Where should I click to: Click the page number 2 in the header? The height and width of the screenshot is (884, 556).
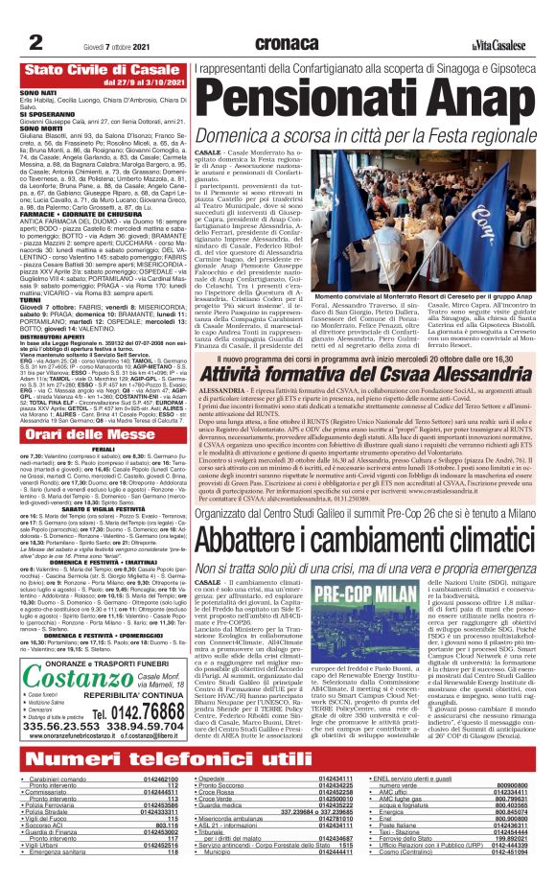(34, 41)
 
